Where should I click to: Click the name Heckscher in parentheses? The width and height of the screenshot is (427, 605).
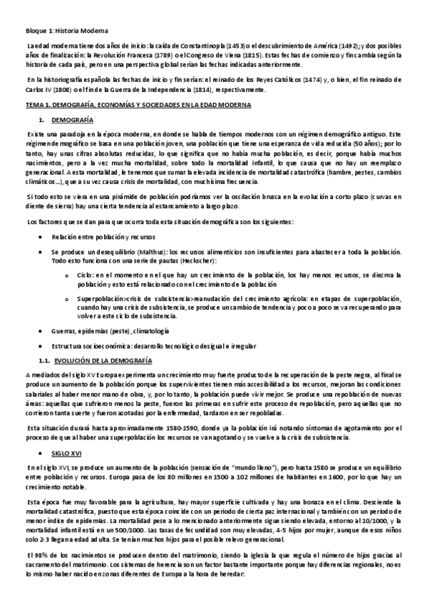click(178, 261)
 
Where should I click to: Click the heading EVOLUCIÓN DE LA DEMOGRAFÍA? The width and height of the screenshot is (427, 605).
click(103, 360)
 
